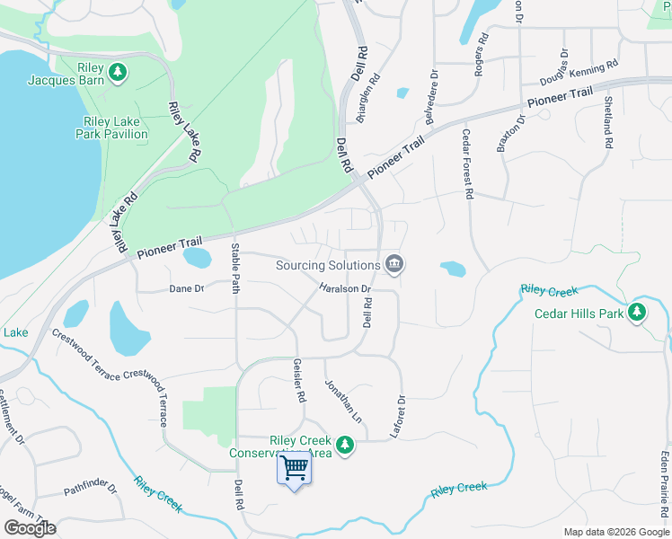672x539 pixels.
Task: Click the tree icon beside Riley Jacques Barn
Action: [117, 72]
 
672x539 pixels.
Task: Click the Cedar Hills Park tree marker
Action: [638, 313]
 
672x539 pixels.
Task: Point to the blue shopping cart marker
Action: [295, 469]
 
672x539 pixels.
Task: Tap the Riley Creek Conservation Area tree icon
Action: [345, 444]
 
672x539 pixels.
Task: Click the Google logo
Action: [30, 527]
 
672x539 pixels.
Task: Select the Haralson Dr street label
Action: [345, 288]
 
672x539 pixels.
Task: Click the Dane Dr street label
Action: [187, 288]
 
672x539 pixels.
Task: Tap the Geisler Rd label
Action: [300, 381]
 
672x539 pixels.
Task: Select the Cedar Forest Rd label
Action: [467, 163]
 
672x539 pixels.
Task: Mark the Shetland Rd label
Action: [608, 122]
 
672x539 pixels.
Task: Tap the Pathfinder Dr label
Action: [90, 490]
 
